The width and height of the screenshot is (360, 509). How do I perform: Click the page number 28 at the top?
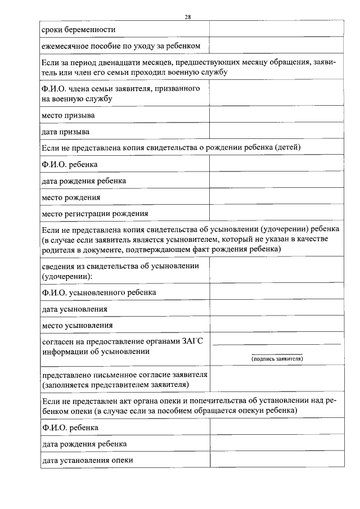tap(188, 17)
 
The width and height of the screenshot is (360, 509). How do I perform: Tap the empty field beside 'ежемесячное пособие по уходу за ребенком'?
tap(276, 44)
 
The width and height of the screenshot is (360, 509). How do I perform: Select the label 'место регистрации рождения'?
tap(95, 213)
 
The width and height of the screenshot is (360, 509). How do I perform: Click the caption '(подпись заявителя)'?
tap(277, 358)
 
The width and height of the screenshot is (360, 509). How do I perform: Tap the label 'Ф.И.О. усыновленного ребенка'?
tap(99, 292)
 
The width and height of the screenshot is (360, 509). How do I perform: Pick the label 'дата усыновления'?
tap(74, 309)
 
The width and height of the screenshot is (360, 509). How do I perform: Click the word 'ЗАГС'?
tap(196, 341)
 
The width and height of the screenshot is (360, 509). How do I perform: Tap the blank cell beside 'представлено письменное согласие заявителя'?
tap(276, 380)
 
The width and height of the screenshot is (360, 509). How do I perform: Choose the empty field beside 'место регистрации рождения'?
tap(276, 213)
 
